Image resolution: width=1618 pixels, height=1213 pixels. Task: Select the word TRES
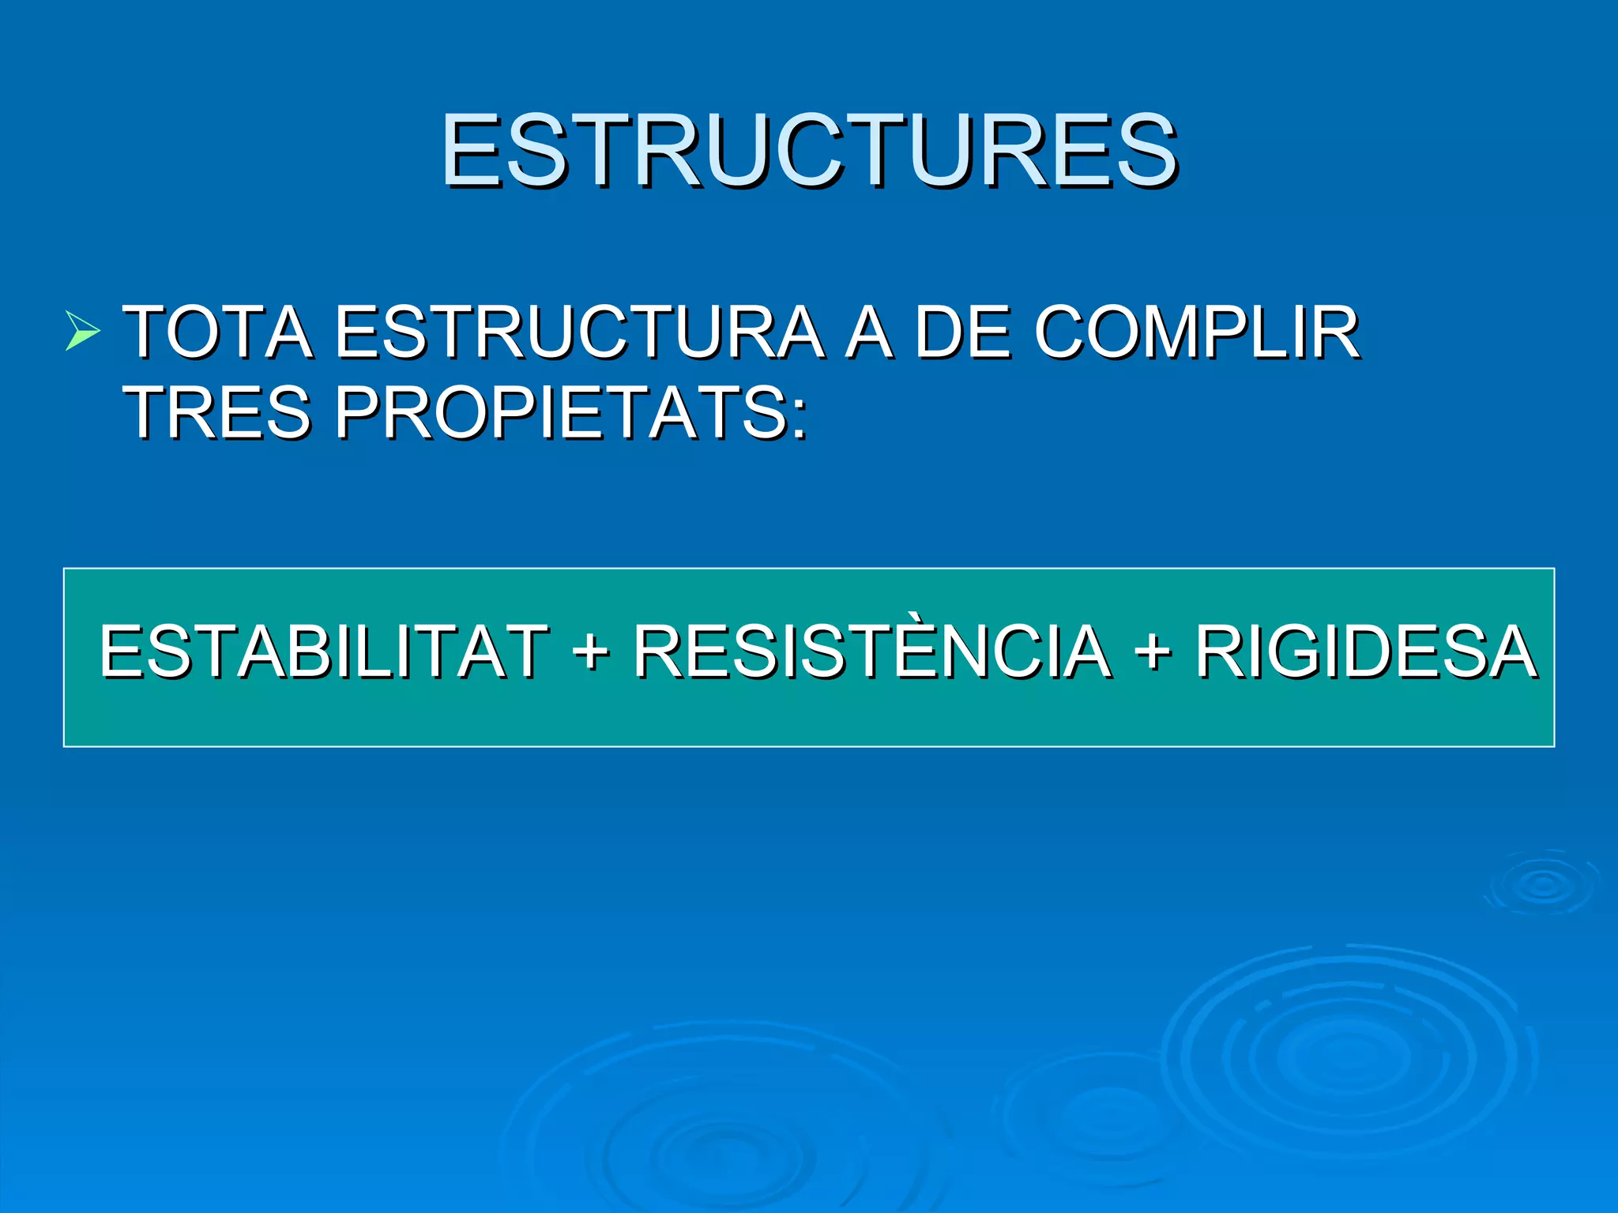(x=219, y=412)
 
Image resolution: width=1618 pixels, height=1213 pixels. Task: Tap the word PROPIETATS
(x=561, y=412)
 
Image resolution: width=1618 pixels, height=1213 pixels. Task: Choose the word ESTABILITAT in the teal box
(x=324, y=651)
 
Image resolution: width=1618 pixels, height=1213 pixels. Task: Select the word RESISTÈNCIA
(x=872, y=651)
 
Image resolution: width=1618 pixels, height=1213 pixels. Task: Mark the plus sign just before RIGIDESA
(x=1153, y=652)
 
